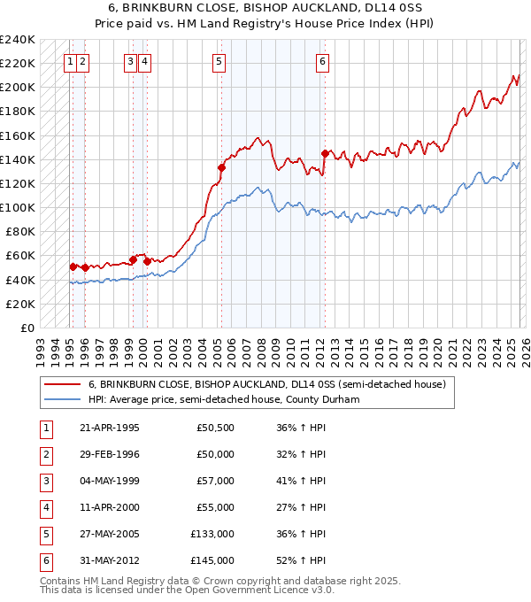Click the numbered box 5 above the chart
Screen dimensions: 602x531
(219, 61)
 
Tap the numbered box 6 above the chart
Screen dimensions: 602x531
(322, 61)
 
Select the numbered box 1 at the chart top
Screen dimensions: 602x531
(69, 61)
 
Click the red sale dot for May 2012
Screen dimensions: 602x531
(325, 153)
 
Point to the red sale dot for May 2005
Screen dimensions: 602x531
(222, 167)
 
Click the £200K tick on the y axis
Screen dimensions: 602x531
(18, 88)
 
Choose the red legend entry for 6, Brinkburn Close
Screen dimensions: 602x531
(271, 384)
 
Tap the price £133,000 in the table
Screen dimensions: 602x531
(212, 534)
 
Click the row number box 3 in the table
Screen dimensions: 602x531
(44, 481)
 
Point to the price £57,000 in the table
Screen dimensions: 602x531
(215, 481)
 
